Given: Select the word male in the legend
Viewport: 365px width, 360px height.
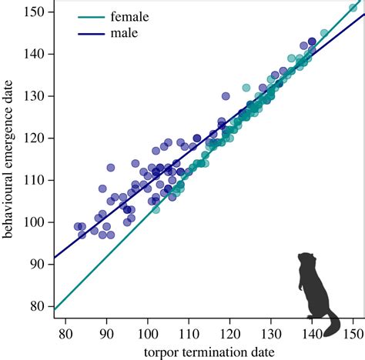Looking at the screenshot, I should pos(123,34).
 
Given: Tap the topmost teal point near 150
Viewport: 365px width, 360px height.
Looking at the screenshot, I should pos(353,8).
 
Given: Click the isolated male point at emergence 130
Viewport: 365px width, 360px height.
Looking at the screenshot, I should pos(226,96).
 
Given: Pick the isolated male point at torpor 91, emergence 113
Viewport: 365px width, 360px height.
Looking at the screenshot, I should pos(110,168).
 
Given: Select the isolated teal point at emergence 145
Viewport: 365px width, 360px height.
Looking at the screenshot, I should pos(324,33).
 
